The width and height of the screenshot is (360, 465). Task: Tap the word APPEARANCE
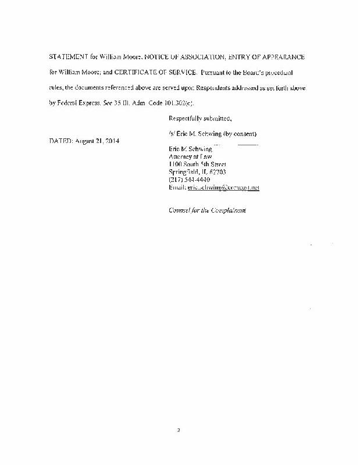coord(279,59)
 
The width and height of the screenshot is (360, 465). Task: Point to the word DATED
coord(60,141)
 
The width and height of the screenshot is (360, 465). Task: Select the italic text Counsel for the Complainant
coord(206,210)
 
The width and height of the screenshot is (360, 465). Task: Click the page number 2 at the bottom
coord(180,431)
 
